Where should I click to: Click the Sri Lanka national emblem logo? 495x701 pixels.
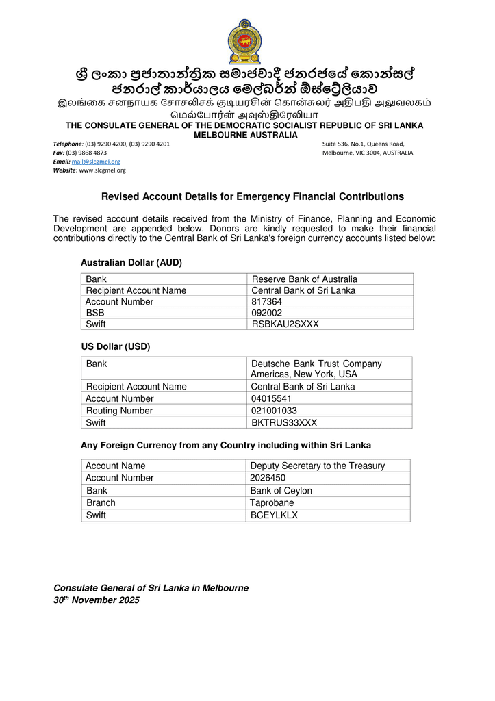point(244,41)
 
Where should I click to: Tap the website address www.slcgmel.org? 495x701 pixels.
point(103,170)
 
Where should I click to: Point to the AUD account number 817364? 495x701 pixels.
point(267,302)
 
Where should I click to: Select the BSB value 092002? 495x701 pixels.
point(267,313)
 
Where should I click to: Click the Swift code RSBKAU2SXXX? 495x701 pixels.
point(285,324)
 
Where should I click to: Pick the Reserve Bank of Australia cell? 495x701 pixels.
point(305,279)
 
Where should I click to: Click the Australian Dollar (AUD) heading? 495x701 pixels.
point(131,262)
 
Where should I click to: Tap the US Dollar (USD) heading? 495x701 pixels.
point(116,346)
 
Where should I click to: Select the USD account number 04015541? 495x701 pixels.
point(271,398)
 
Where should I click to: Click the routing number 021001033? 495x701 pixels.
point(274,411)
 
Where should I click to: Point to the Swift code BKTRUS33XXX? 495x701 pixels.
point(284,423)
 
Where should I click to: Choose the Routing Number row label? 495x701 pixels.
point(119,411)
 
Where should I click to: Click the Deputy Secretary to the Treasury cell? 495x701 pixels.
point(317,466)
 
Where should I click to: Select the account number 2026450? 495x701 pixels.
point(268,478)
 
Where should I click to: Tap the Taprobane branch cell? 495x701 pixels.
point(272,502)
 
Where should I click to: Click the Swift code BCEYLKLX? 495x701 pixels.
point(274,515)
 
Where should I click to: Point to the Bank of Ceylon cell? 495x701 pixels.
point(281,490)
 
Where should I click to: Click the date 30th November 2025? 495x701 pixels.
point(97,600)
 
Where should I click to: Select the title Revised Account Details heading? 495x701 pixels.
point(253,196)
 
